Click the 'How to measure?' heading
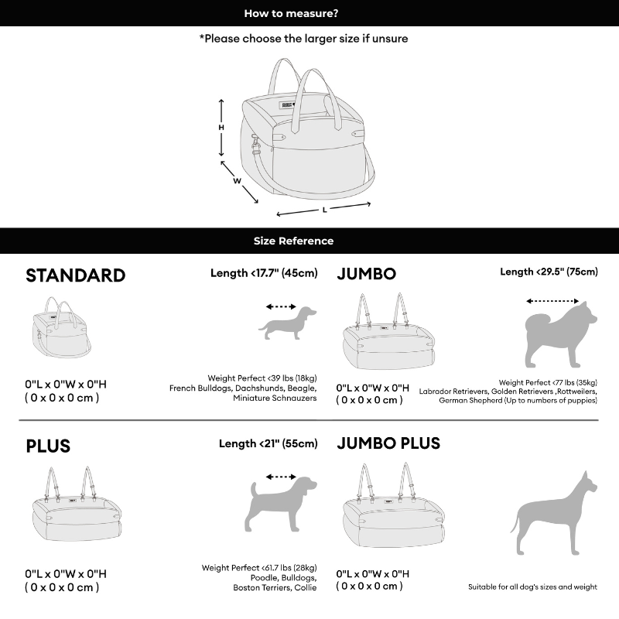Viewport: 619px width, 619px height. tap(291, 13)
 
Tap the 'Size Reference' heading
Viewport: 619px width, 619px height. tap(293, 241)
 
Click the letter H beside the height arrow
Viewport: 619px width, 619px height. tap(221, 128)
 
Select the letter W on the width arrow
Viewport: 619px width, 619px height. tap(238, 181)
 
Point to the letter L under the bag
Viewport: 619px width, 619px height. tap(325, 209)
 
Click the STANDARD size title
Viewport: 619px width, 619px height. tap(75, 276)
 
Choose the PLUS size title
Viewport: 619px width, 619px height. tap(48, 446)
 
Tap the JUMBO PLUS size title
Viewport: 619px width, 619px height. tap(388, 443)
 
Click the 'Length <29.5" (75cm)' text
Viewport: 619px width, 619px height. tap(549, 272)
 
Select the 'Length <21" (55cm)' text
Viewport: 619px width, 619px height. tap(268, 443)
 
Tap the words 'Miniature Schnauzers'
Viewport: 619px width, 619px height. tap(275, 398)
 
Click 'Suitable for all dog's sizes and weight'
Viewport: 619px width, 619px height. tap(532, 587)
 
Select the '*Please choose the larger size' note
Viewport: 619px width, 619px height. tap(303, 38)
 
